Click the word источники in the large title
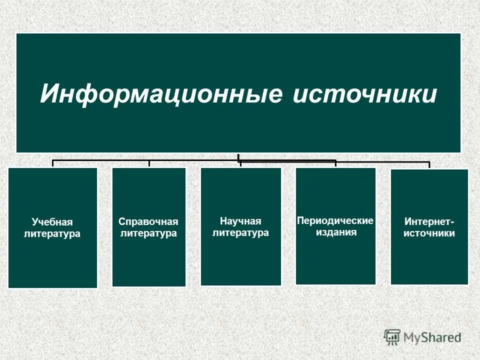click(364, 94)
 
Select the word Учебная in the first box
click(52, 221)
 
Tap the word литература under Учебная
click(52, 233)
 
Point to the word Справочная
click(148, 221)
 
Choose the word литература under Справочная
click(148, 233)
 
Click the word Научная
click(240, 220)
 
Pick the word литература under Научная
click(240, 232)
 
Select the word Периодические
click(335, 220)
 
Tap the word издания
click(335, 232)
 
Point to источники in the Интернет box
click(429, 233)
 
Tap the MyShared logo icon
click(392, 336)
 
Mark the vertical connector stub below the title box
click(238, 156)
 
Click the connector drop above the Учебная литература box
click(53, 163)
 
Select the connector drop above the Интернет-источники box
click(429, 165)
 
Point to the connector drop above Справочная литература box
click(149, 163)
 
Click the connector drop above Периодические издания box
click(335, 163)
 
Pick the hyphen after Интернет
click(452, 221)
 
